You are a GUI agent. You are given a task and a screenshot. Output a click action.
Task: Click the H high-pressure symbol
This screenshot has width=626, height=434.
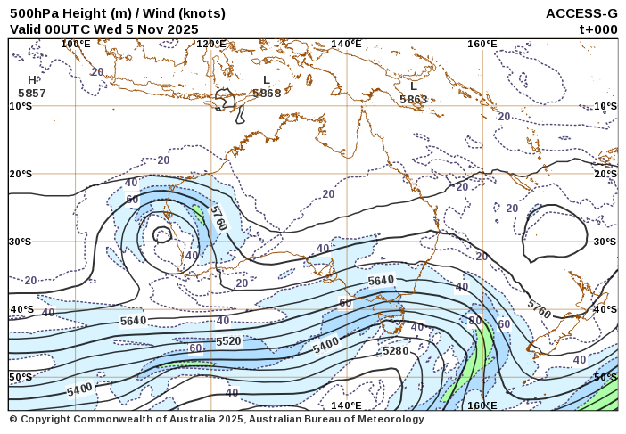point(32,80)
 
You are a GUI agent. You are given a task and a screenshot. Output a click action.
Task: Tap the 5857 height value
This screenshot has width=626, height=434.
point(32,93)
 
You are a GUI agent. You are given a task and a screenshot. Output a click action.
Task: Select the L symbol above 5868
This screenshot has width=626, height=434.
point(266,80)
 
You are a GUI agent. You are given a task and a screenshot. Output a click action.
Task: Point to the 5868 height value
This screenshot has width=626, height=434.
point(267,93)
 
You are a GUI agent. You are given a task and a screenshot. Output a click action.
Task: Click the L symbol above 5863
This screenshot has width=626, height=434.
point(414,86)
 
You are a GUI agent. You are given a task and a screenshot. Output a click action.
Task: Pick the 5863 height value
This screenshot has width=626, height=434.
point(414,100)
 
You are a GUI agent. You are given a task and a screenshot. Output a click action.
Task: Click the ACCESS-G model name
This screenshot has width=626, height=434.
point(581,13)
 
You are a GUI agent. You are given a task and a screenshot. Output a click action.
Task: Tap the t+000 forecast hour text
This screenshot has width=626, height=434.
point(598,29)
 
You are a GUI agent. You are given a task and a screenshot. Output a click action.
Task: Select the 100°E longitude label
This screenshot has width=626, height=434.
point(75,44)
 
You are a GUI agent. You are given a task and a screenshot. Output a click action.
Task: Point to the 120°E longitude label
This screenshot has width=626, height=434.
point(210,44)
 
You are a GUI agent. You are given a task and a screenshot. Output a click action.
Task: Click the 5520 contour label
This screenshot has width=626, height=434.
point(228,341)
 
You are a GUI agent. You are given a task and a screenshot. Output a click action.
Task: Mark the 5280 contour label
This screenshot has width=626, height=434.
point(395,351)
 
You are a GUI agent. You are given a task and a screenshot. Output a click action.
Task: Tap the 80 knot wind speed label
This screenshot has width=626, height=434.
point(475,320)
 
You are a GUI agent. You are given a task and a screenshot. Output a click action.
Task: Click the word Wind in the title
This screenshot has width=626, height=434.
point(143,13)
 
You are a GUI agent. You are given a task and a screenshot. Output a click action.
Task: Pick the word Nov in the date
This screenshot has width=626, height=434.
point(148,29)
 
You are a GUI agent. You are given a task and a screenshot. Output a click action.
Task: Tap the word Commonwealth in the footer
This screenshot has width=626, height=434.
point(110,419)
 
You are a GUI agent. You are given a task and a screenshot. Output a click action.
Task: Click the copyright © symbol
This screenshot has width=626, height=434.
point(13,419)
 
